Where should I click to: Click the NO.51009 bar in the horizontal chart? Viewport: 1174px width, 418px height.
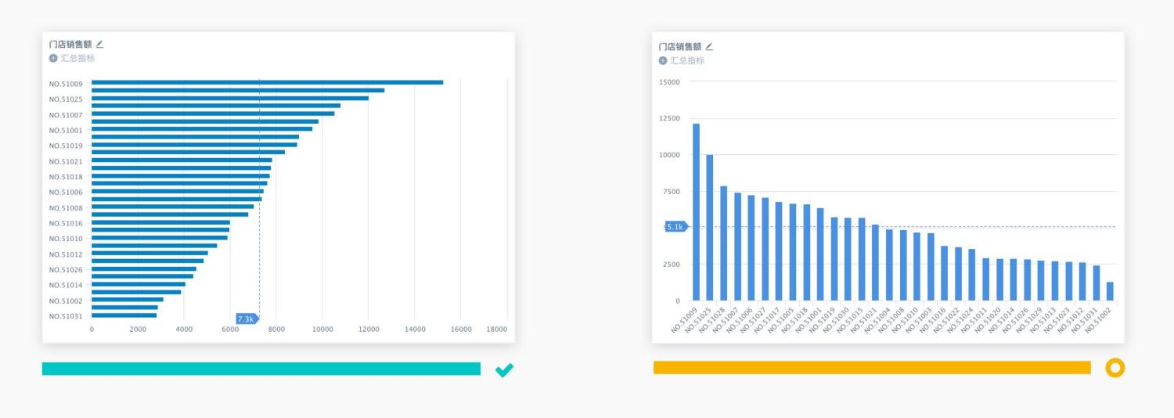point(266,82)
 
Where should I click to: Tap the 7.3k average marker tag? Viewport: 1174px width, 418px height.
point(246,319)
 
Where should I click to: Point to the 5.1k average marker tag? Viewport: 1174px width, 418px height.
point(675,227)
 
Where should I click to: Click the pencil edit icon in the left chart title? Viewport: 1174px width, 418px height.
point(99,45)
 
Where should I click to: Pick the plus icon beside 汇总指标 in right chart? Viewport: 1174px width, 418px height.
point(663,60)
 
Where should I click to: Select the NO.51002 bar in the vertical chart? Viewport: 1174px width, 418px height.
point(1110,291)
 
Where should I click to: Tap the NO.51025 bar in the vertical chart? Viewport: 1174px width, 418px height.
point(710,227)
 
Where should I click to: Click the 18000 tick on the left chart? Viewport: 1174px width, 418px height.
point(496,330)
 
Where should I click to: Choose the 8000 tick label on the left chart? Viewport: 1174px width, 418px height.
point(276,330)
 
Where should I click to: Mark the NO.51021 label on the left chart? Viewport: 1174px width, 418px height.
point(66,161)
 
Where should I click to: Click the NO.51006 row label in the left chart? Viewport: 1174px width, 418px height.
point(66,193)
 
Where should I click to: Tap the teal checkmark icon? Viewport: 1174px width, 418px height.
point(504,369)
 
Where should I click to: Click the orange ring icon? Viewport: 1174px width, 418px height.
point(1115,368)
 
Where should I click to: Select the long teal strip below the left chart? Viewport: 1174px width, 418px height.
point(261,369)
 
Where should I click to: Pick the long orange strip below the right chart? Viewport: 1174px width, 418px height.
point(871,368)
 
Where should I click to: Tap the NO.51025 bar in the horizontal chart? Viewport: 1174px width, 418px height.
point(229,98)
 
